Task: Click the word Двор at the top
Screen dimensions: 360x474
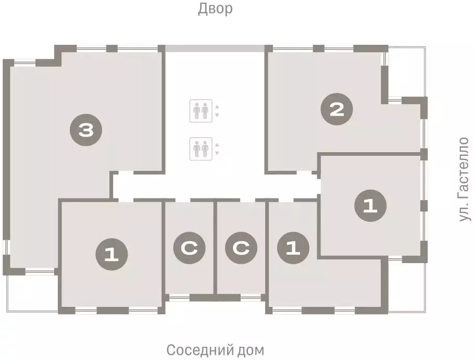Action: (215, 9)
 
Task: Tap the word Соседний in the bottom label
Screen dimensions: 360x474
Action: (196, 349)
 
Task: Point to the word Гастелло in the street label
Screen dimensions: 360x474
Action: (464, 166)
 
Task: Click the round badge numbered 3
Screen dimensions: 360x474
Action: (85, 130)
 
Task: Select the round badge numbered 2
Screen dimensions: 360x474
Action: (337, 109)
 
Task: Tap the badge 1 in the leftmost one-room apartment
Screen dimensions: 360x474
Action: (111, 254)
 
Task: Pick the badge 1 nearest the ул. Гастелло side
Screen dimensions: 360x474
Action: (370, 205)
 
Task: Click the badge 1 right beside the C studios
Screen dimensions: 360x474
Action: (293, 247)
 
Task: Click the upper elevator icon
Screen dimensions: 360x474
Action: (201, 111)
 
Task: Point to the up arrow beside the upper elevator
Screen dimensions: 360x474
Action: (217, 107)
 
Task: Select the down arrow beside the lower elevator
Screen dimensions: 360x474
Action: (217, 153)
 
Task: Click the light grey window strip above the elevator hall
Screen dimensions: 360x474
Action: (215, 48)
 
